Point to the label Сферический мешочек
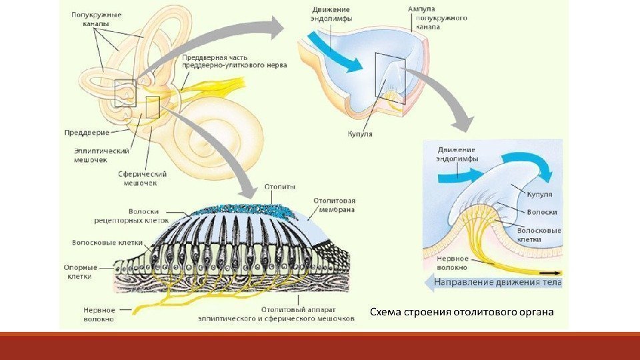pyautogui.click(x=142, y=178)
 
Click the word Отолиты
pyautogui.click(x=280, y=187)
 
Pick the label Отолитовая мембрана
pyautogui.click(x=334, y=204)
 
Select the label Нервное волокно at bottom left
pyautogui.click(x=99, y=315)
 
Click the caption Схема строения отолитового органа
pyautogui.click(x=461, y=312)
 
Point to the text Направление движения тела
pyautogui.click(x=497, y=283)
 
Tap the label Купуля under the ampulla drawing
pyautogui.click(x=360, y=134)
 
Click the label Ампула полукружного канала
pyautogui.click(x=437, y=18)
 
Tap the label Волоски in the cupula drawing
pyautogui.click(x=538, y=212)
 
